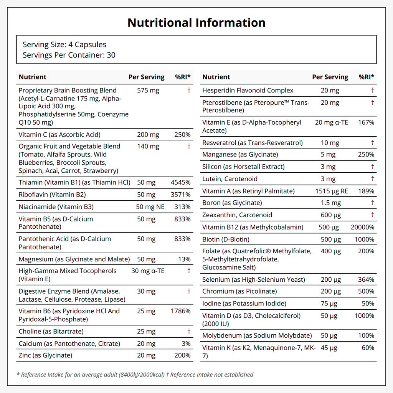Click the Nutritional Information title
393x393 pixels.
[196, 23]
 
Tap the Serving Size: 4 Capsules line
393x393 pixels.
[64, 45]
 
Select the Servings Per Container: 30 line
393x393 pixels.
[69, 55]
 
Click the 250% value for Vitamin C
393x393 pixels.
[182, 135]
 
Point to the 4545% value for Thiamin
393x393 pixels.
[181, 182]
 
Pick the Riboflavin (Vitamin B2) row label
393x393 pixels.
[52, 195]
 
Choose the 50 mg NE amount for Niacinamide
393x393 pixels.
[150, 207]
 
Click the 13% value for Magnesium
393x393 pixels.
[185, 259]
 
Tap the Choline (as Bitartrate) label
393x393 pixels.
[51, 331]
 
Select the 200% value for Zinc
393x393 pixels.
[182, 355]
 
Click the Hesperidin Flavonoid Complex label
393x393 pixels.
[248, 91]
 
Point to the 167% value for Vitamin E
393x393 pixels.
[366, 122]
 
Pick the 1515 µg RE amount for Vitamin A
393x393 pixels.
[332, 191]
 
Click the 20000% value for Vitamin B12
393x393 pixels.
[362, 227]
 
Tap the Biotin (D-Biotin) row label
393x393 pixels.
[226, 239]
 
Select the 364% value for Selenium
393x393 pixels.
[366, 279]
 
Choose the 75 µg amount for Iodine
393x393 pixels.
[329, 304]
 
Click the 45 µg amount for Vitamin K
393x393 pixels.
[329, 348]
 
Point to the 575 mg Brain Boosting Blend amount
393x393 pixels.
[148, 91]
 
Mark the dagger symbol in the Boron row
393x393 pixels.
[372, 203]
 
